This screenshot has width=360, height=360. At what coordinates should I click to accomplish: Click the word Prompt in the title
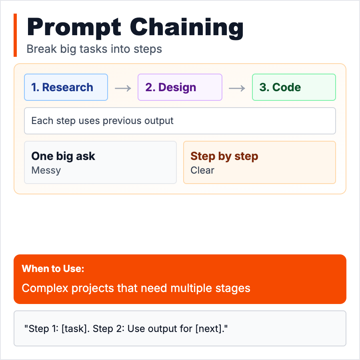[74, 28]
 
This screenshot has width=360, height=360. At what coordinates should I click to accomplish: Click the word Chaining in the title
[187, 28]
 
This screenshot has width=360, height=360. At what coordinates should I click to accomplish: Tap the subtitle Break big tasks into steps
[94, 49]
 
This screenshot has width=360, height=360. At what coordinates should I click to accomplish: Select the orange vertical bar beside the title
[15, 35]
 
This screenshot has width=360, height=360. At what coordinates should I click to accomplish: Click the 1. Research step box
[66, 87]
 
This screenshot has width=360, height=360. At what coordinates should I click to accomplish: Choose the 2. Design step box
[180, 87]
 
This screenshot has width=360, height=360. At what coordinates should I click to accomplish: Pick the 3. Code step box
[294, 87]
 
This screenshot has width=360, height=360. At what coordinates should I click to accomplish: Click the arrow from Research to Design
[123, 88]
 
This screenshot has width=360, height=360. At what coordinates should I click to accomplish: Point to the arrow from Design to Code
[237, 88]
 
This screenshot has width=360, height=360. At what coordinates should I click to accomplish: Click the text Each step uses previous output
[102, 121]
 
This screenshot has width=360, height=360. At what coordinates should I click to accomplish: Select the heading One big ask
[63, 156]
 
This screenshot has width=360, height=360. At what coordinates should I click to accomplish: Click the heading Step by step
[224, 156]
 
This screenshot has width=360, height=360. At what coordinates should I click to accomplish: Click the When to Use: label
[53, 269]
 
